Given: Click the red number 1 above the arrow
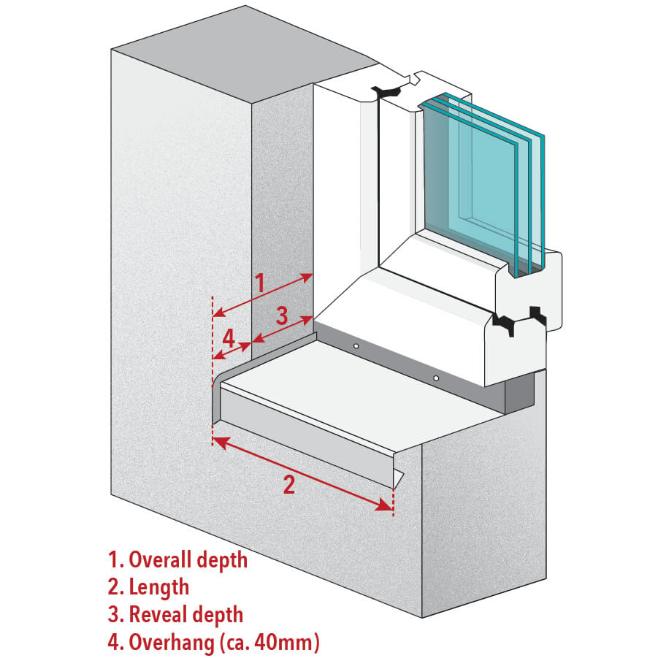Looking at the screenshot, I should click(x=259, y=283).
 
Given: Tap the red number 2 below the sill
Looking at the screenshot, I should click(x=289, y=483).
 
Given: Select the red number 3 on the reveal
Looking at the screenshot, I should click(x=283, y=316).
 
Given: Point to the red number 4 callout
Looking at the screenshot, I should click(x=229, y=339).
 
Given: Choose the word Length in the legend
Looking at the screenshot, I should click(x=158, y=587).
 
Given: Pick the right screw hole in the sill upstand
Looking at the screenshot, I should click(x=435, y=378).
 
